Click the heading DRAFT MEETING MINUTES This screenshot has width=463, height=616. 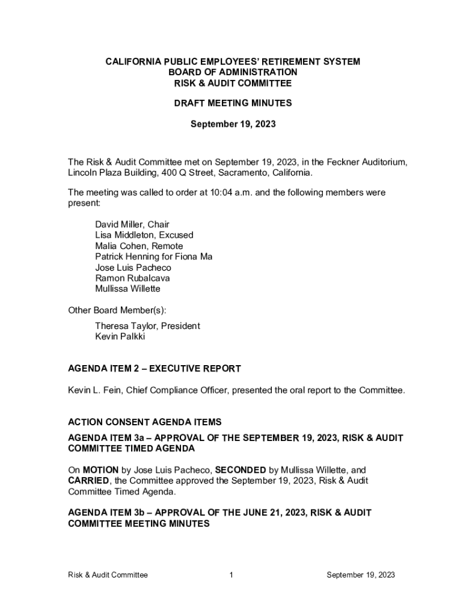pos(233,103)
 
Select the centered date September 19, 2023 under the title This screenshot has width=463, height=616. pos(233,125)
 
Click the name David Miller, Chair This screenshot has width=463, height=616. pos(132,224)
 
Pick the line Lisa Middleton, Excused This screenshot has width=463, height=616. pos(144,235)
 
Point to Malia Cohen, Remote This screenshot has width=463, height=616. pos(139,246)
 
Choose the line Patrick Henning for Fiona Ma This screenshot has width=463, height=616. pos(153,257)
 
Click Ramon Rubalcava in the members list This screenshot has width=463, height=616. pos(132,278)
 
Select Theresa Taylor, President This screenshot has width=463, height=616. pos(147,325)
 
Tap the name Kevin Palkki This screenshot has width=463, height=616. pos(120,336)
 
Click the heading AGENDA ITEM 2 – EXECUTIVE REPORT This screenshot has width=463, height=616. pos(155,368)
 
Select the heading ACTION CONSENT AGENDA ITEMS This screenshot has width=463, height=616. pos(145,422)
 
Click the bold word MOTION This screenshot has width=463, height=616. pos(100,469)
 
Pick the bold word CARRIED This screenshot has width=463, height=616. pos(88,480)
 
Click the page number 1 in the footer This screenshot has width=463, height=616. pos(231,575)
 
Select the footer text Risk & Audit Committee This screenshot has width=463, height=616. pos(108,575)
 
